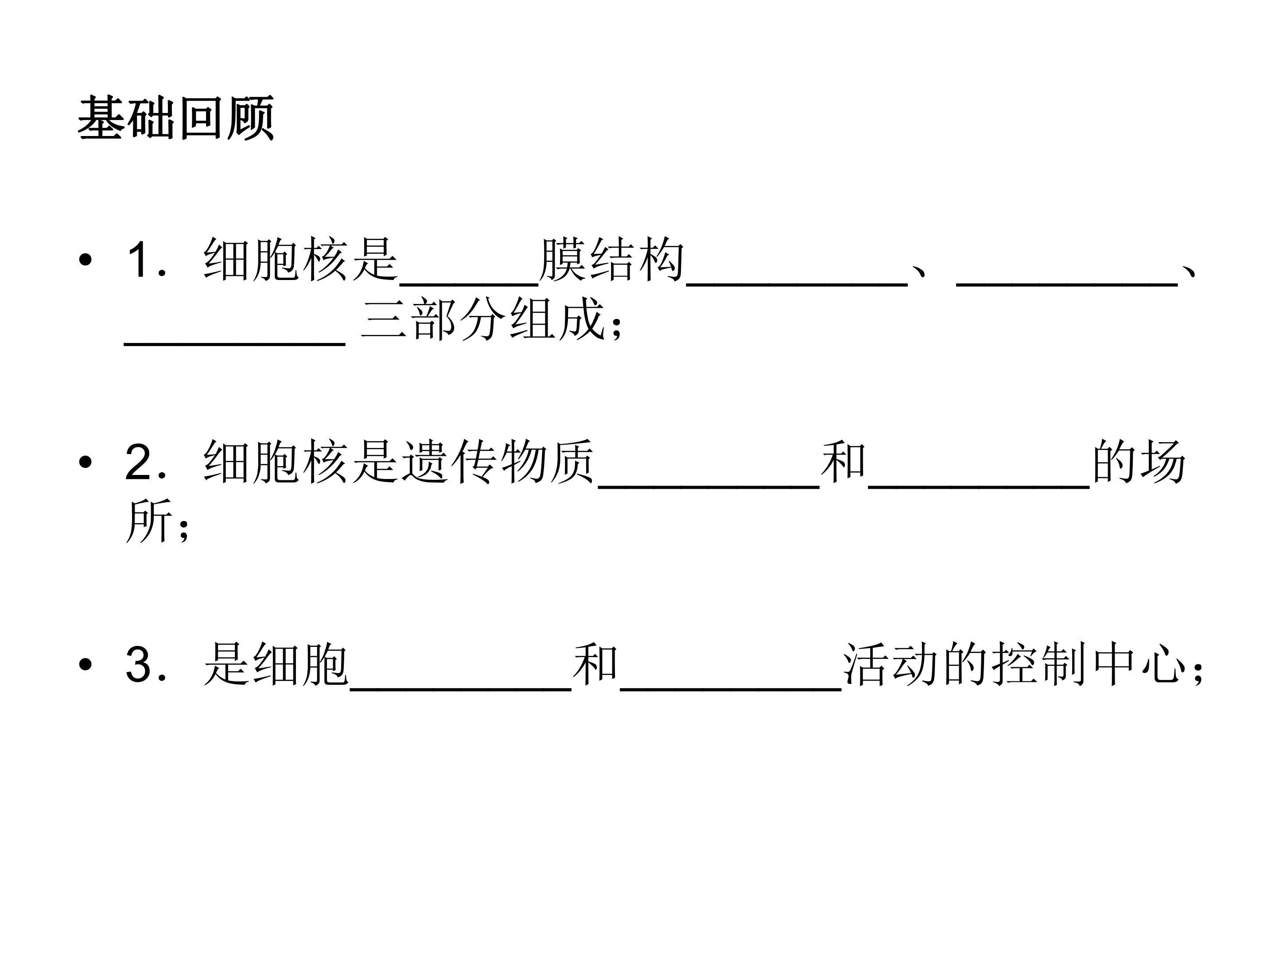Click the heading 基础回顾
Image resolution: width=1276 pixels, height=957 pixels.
click(x=175, y=118)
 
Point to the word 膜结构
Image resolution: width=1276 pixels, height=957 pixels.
click(x=611, y=260)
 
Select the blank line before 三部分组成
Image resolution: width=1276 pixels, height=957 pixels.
click(x=235, y=344)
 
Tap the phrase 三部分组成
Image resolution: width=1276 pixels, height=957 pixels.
click(x=483, y=319)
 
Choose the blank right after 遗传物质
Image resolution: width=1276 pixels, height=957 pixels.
click(x=709, y=487)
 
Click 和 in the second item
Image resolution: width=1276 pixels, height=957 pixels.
click(x=844, y=462)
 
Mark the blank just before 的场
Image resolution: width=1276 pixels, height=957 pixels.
click(x=979, y=487)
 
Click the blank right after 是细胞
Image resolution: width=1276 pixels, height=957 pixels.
click(x=460, y=689)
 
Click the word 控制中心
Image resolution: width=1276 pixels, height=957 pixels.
click(x=1089, y=665)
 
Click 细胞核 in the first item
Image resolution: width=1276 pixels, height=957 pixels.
click(x=276, y=260)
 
